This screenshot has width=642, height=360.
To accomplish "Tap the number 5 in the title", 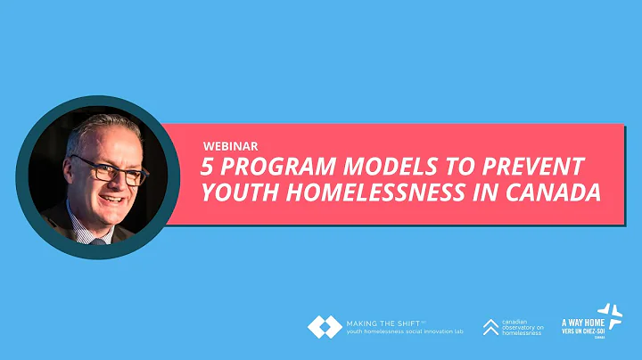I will (x=210, y=167).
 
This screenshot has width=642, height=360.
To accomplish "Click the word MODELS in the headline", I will (x=374, y=167).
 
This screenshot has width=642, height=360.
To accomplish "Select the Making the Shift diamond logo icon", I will (x=324, y=327).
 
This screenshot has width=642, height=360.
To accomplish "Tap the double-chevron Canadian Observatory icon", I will (x=490, y=327).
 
